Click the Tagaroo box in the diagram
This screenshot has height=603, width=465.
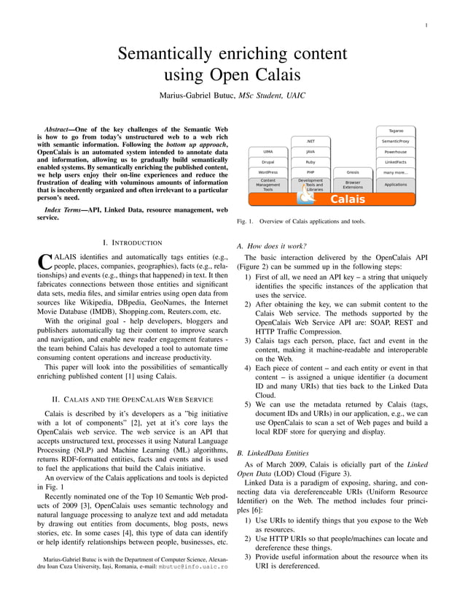396,131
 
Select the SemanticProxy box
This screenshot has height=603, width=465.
396,141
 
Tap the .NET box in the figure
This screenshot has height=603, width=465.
310,141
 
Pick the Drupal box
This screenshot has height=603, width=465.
267,162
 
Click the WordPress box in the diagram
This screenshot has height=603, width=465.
267,172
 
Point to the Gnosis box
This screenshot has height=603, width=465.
353,172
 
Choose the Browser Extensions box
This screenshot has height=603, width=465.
353,185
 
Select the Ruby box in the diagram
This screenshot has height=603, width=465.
310,162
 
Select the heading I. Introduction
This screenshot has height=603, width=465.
132,242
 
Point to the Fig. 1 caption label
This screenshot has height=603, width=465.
246,220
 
